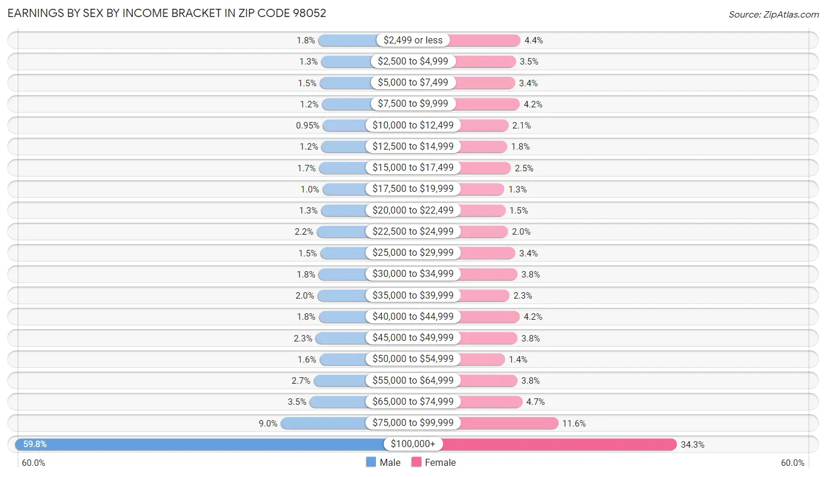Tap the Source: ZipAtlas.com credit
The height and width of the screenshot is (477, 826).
(x=773, y=14)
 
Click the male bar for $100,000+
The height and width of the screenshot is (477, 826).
(x=200, y=444)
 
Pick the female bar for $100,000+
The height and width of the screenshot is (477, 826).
(x=558, y=444)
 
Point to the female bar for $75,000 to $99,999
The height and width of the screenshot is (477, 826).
(x=508, y=423)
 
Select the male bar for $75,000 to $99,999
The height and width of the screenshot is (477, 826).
(x=323, y=423)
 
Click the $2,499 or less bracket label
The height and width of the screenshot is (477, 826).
(x=413, y=40)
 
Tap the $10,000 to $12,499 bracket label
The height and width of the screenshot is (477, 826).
(x=413, y=125)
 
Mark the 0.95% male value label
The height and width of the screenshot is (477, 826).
(x=307, y=125)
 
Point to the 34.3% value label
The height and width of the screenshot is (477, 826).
(x=692, y=444)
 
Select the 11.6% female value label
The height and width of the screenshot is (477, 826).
(x=574, y=423)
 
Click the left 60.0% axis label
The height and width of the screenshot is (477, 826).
(x=33, y=463)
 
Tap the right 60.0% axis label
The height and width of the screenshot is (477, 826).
(x=792, y=463)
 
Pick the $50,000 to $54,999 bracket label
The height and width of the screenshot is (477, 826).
(x=413, y=359)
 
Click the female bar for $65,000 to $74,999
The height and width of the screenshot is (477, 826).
(x=491, y=402)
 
